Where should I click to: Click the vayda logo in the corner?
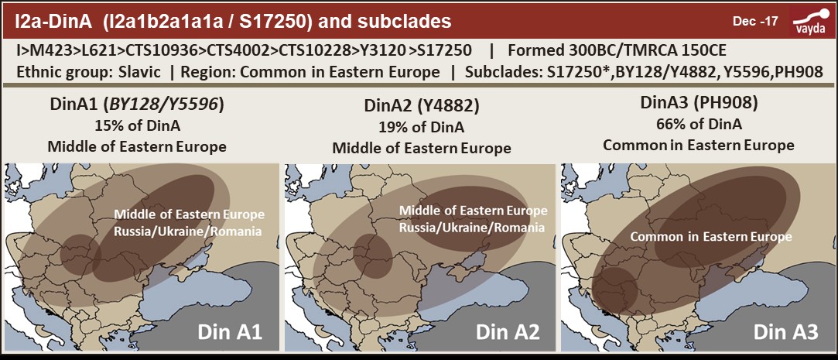click(x=809, y=19)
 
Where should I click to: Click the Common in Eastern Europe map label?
click(x=710, y=236)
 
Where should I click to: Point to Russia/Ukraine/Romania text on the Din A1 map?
click(x=189, y=231)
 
